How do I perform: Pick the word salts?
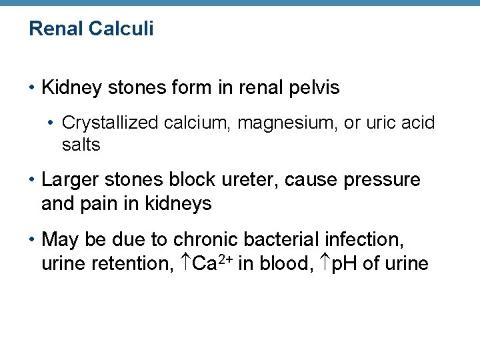tap(81, 145)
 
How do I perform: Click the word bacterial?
tap(282, 239)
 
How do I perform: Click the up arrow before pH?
tap(324, 263)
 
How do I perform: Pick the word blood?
tap(279, 263)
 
